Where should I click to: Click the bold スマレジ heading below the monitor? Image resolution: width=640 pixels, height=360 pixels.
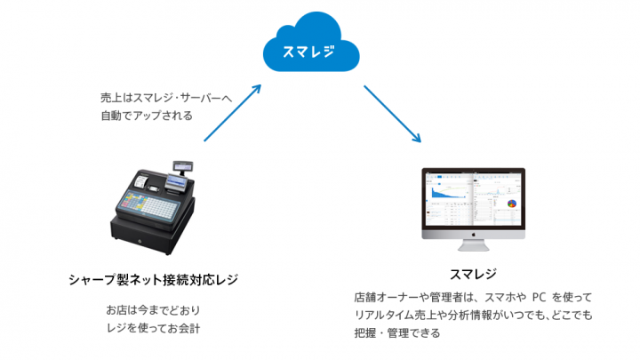473,273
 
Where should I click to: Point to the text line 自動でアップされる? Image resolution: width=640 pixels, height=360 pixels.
147,115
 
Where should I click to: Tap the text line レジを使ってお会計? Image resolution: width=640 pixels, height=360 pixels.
152,328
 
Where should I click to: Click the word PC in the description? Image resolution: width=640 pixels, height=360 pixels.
540,298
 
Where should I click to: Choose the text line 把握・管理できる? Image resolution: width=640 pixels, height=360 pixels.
396,333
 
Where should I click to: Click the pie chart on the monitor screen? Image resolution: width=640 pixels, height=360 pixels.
513,203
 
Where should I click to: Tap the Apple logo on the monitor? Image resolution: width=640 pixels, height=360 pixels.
473,237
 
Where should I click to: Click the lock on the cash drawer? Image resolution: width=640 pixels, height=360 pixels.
139,241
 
